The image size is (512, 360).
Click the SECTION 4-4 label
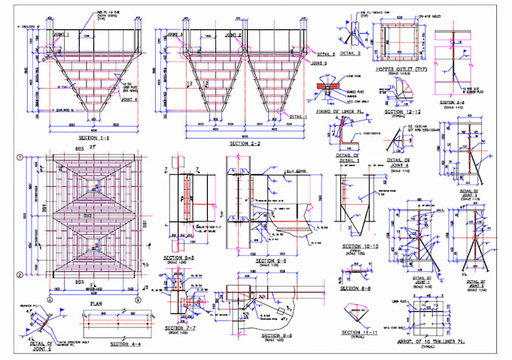[x=126, y=344]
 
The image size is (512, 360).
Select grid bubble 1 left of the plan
[x=17, y=158]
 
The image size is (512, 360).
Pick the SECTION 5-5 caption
[x=181, y=258]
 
